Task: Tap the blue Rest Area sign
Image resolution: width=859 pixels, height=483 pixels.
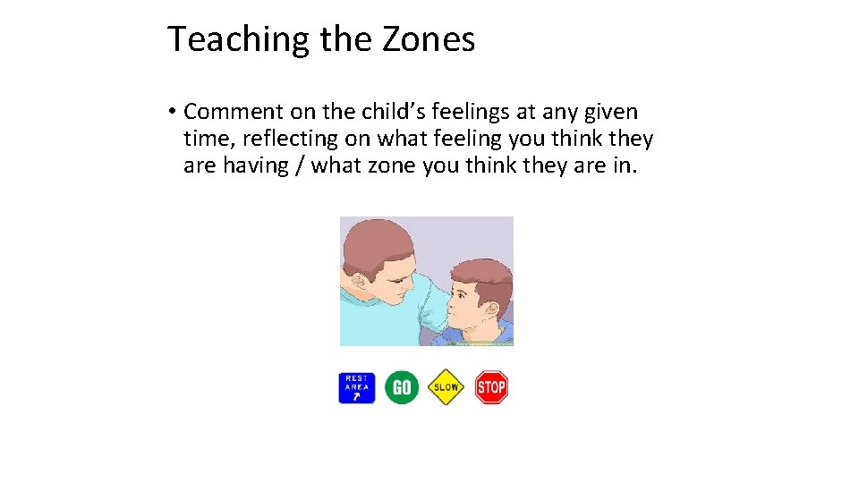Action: [x=356, y=387]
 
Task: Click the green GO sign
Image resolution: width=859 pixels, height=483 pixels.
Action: [x=402, y=387]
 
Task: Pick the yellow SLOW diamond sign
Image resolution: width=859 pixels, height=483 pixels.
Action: [x=446, y=387]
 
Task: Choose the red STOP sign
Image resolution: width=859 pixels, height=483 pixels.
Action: [x=490, y=387]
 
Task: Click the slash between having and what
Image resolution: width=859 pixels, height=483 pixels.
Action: [x=302, y=165]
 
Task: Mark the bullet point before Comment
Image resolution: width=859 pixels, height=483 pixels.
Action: [x=170, y=112]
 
